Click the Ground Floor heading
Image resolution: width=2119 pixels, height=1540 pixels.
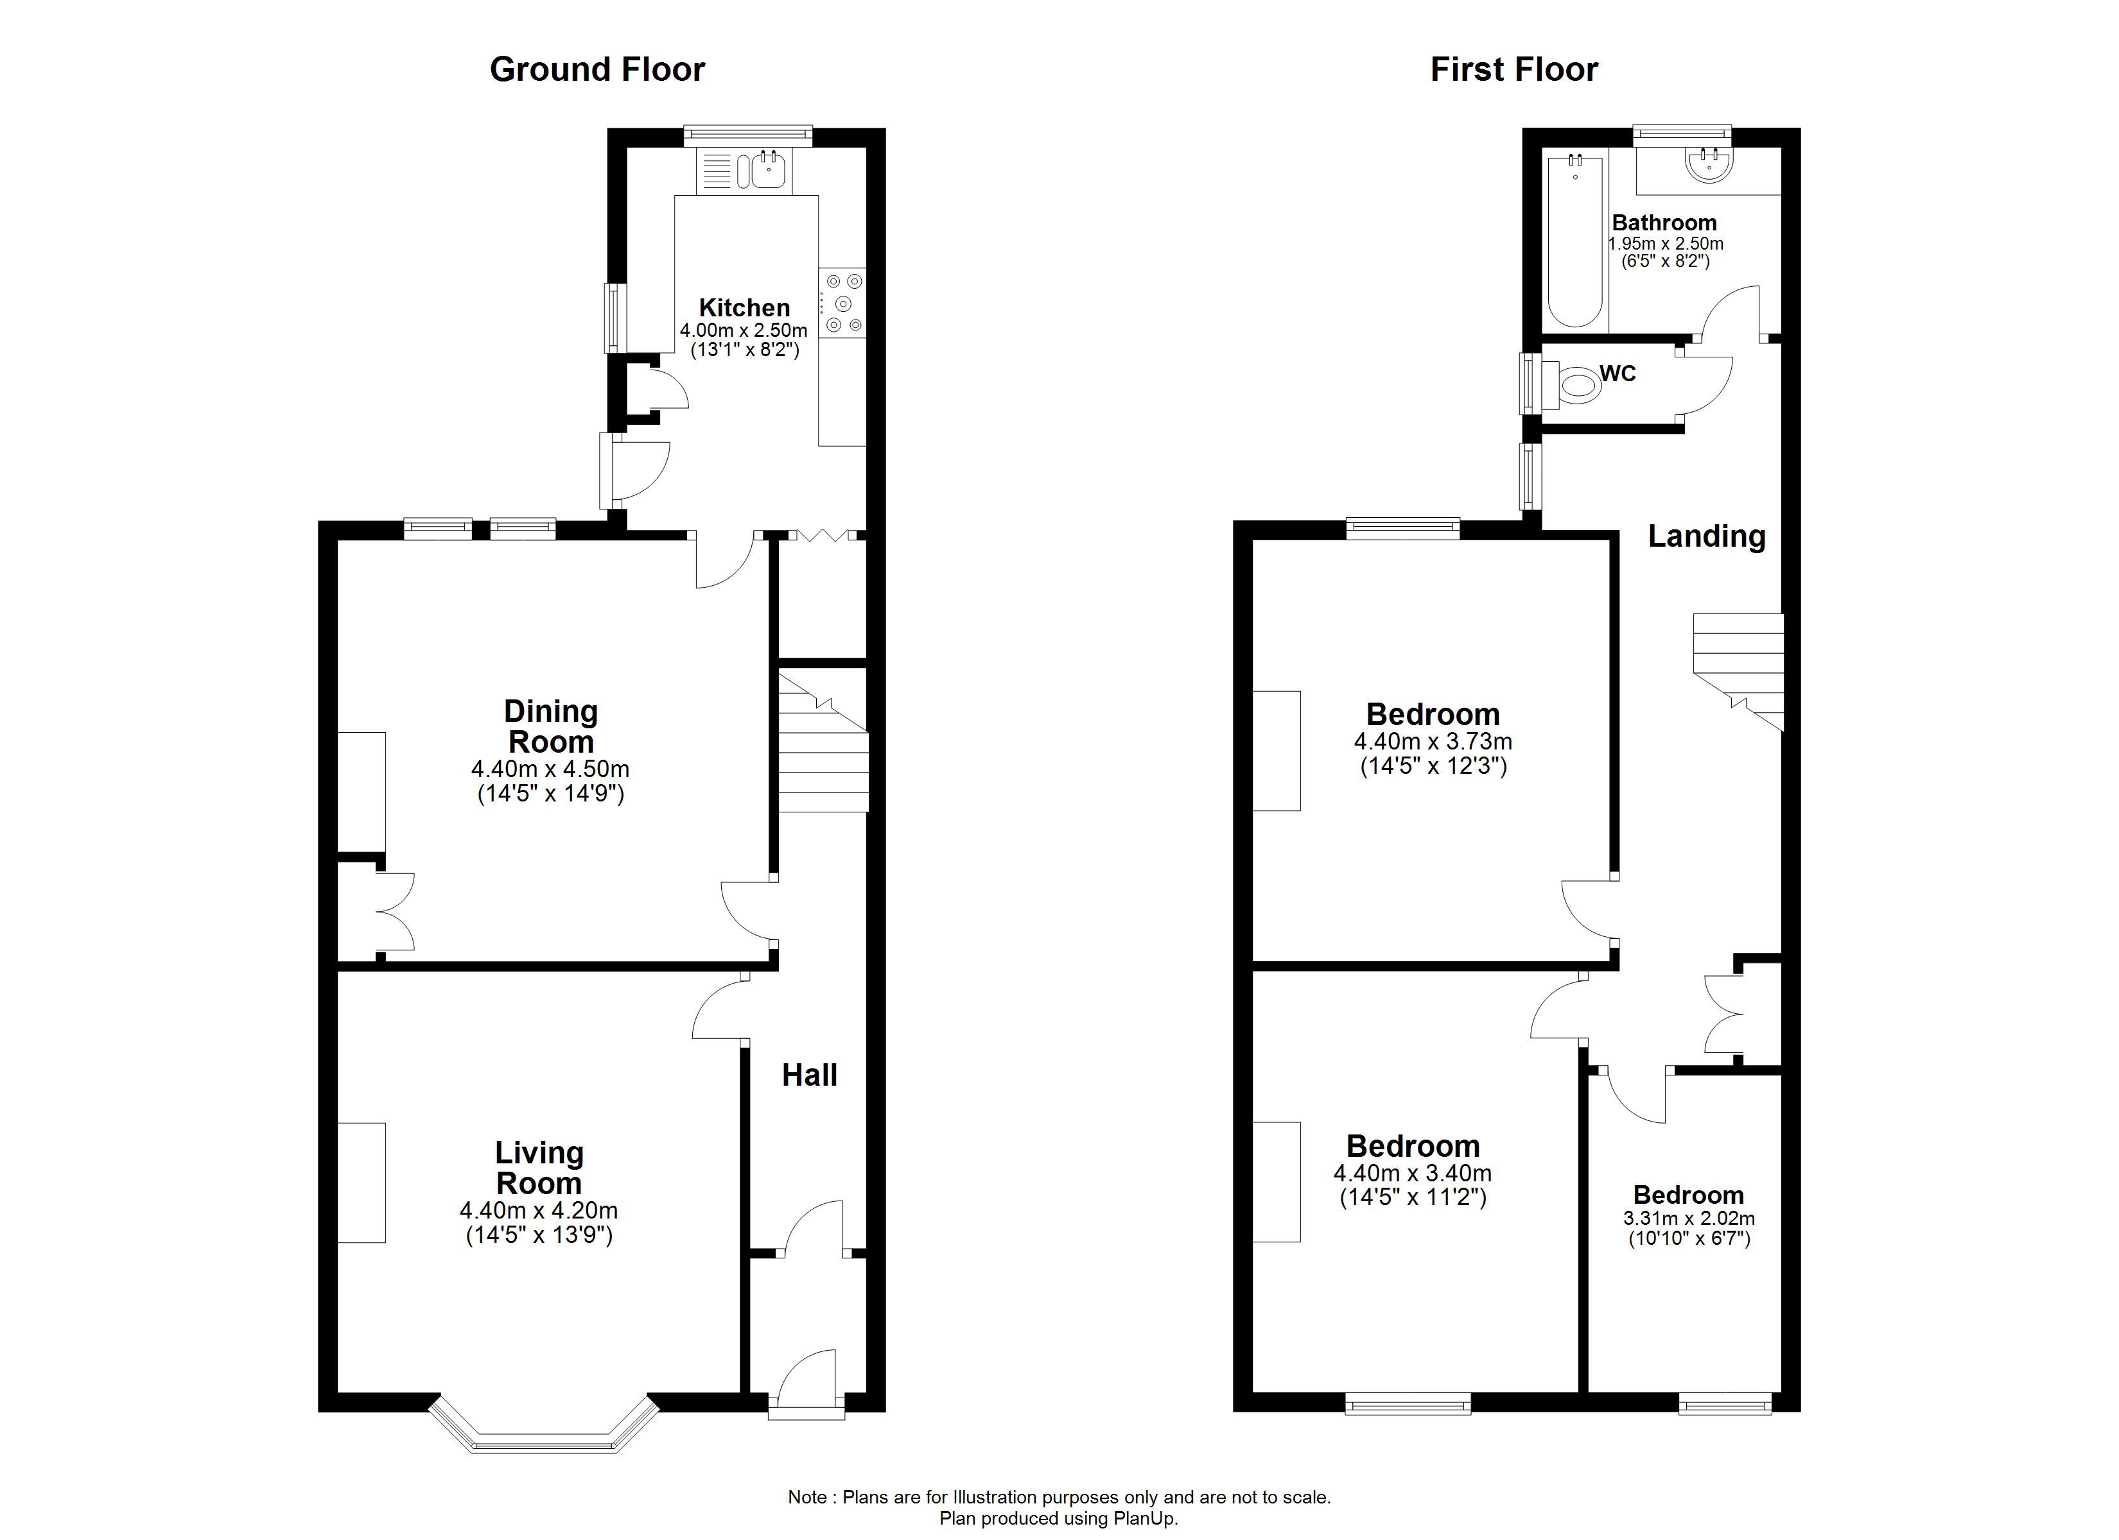click(x=597, y=69)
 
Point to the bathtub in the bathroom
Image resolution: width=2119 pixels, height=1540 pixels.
click(x=1575, y=241)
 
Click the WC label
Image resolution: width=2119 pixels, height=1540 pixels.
click(x=1618, y=373)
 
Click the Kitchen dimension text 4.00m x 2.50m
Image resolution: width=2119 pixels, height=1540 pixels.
click(x=744, y=330)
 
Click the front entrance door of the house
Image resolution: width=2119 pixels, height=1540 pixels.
click(x=807, y=1382)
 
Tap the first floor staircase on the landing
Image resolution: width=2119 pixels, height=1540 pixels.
click(x=1738, y=671)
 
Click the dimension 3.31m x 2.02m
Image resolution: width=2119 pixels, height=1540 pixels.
click(x=1689, y=1218)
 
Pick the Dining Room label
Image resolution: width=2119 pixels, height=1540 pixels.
click(x=550, y=726)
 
